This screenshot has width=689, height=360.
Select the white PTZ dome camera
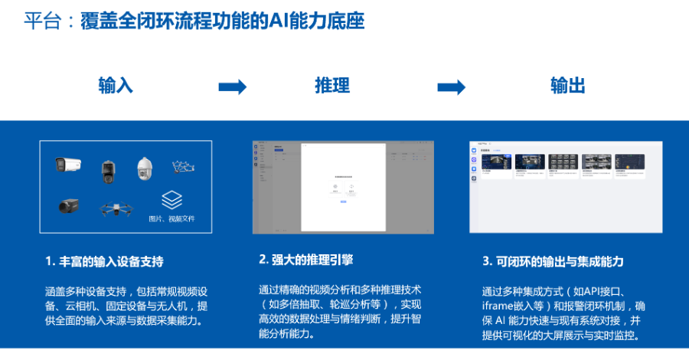pos(145,168)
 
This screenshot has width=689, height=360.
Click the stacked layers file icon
pos(171,201)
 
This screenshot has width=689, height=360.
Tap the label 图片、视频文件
pos(171,218)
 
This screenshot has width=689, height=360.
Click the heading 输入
pos(116,86)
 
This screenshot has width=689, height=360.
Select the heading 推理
pos(332,86)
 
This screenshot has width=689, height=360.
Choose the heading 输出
pos(567,86)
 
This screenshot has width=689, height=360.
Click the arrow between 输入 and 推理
pos(232,87)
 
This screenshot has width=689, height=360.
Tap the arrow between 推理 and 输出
pos(451,87)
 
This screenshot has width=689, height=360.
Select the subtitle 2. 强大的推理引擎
pos(306,260)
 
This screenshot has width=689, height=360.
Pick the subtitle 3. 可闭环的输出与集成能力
pos(553,261)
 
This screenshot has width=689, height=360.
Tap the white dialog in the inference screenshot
pos(343,188)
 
